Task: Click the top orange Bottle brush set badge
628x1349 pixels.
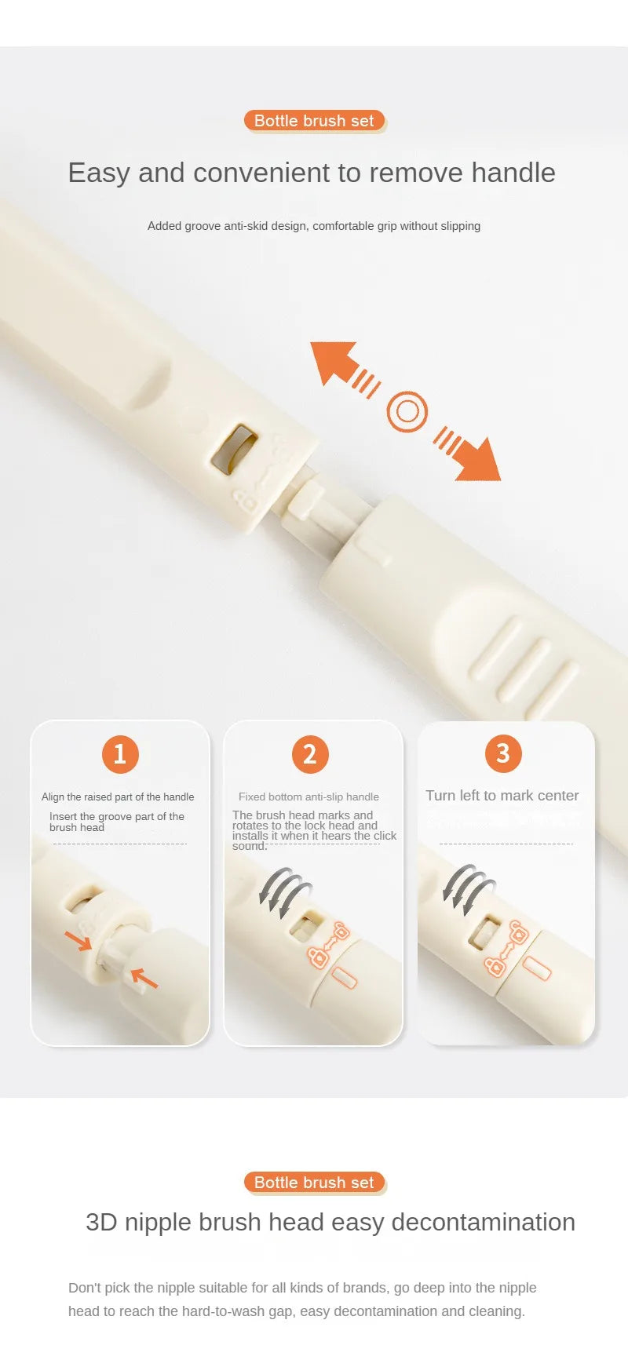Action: tap(314, 121)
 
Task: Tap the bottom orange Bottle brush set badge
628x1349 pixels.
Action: tap(314, 1183)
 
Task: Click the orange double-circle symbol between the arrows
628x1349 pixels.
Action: tap(407, 411)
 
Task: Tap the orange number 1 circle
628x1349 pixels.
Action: tap(120, 754)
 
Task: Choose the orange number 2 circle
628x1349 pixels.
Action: tap(310, 754)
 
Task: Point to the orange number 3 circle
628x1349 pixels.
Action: tap(503, 753)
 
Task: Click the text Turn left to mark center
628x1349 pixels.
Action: tap(502, 796)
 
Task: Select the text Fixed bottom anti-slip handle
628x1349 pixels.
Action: tap(309, 797)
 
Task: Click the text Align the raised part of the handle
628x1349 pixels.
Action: tap(118, 797)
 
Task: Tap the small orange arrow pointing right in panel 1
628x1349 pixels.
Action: tap(78, 939)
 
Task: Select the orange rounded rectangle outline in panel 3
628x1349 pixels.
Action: tap(538, 968)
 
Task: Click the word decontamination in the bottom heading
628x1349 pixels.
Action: tap(483, 1222)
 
